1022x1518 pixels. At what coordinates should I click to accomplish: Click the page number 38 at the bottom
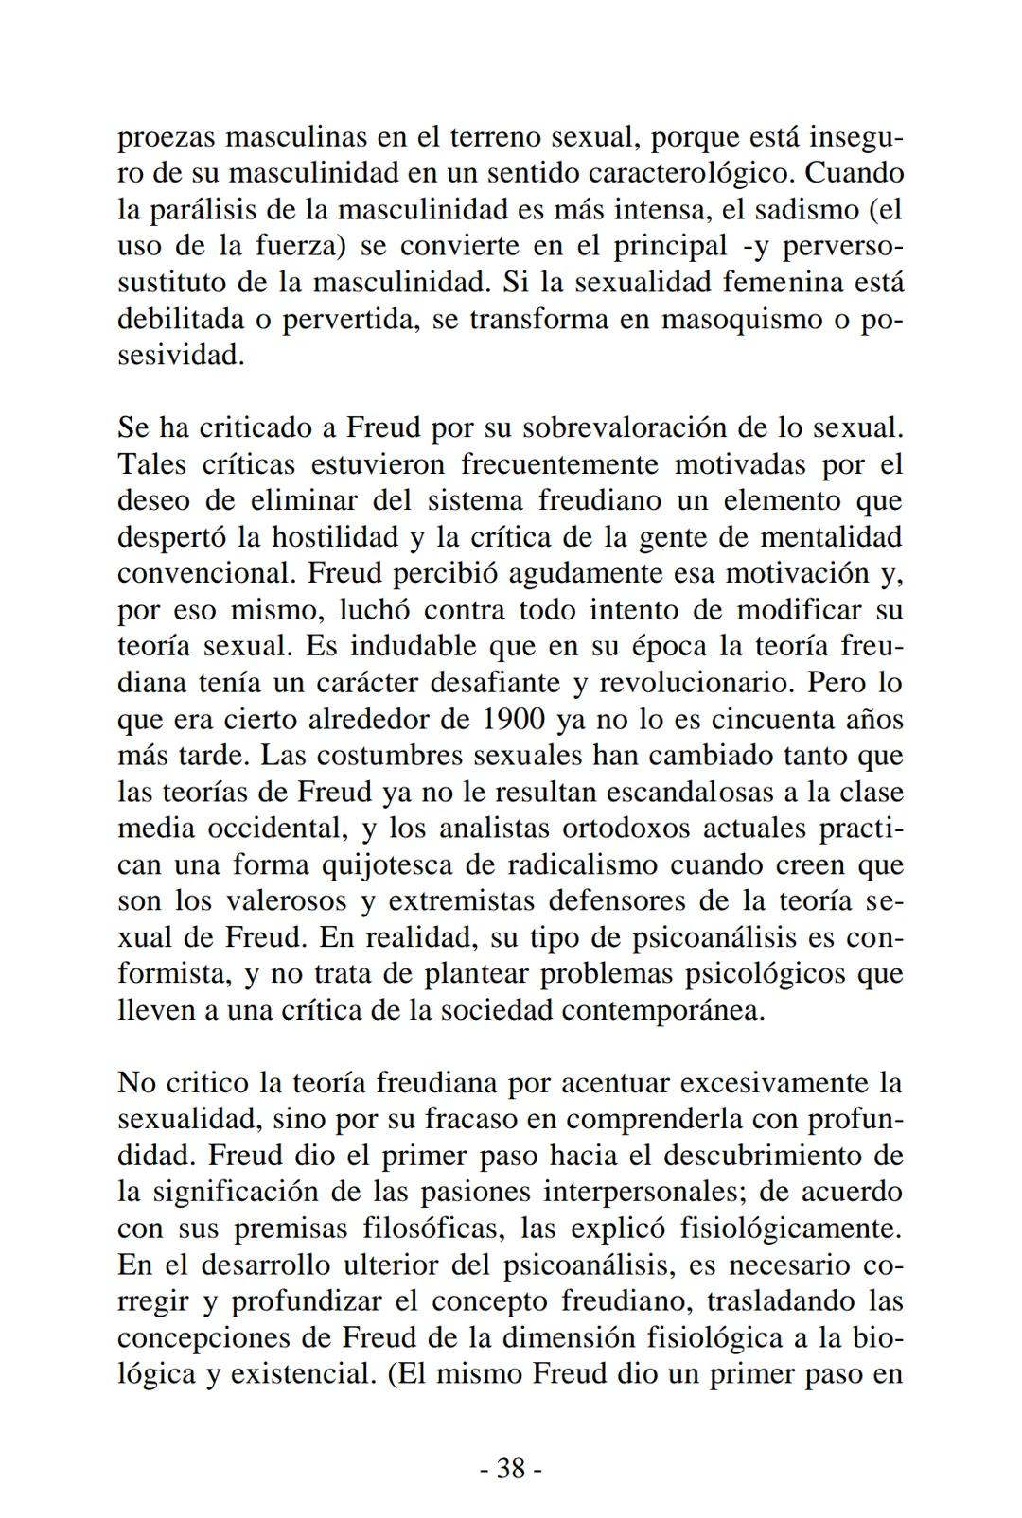511,1469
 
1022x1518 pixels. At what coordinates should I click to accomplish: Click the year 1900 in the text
512,720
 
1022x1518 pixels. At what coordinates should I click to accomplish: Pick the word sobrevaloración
627,428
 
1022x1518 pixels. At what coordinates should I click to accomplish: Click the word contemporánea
662,1011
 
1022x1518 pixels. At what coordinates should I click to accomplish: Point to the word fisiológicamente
791,1229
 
